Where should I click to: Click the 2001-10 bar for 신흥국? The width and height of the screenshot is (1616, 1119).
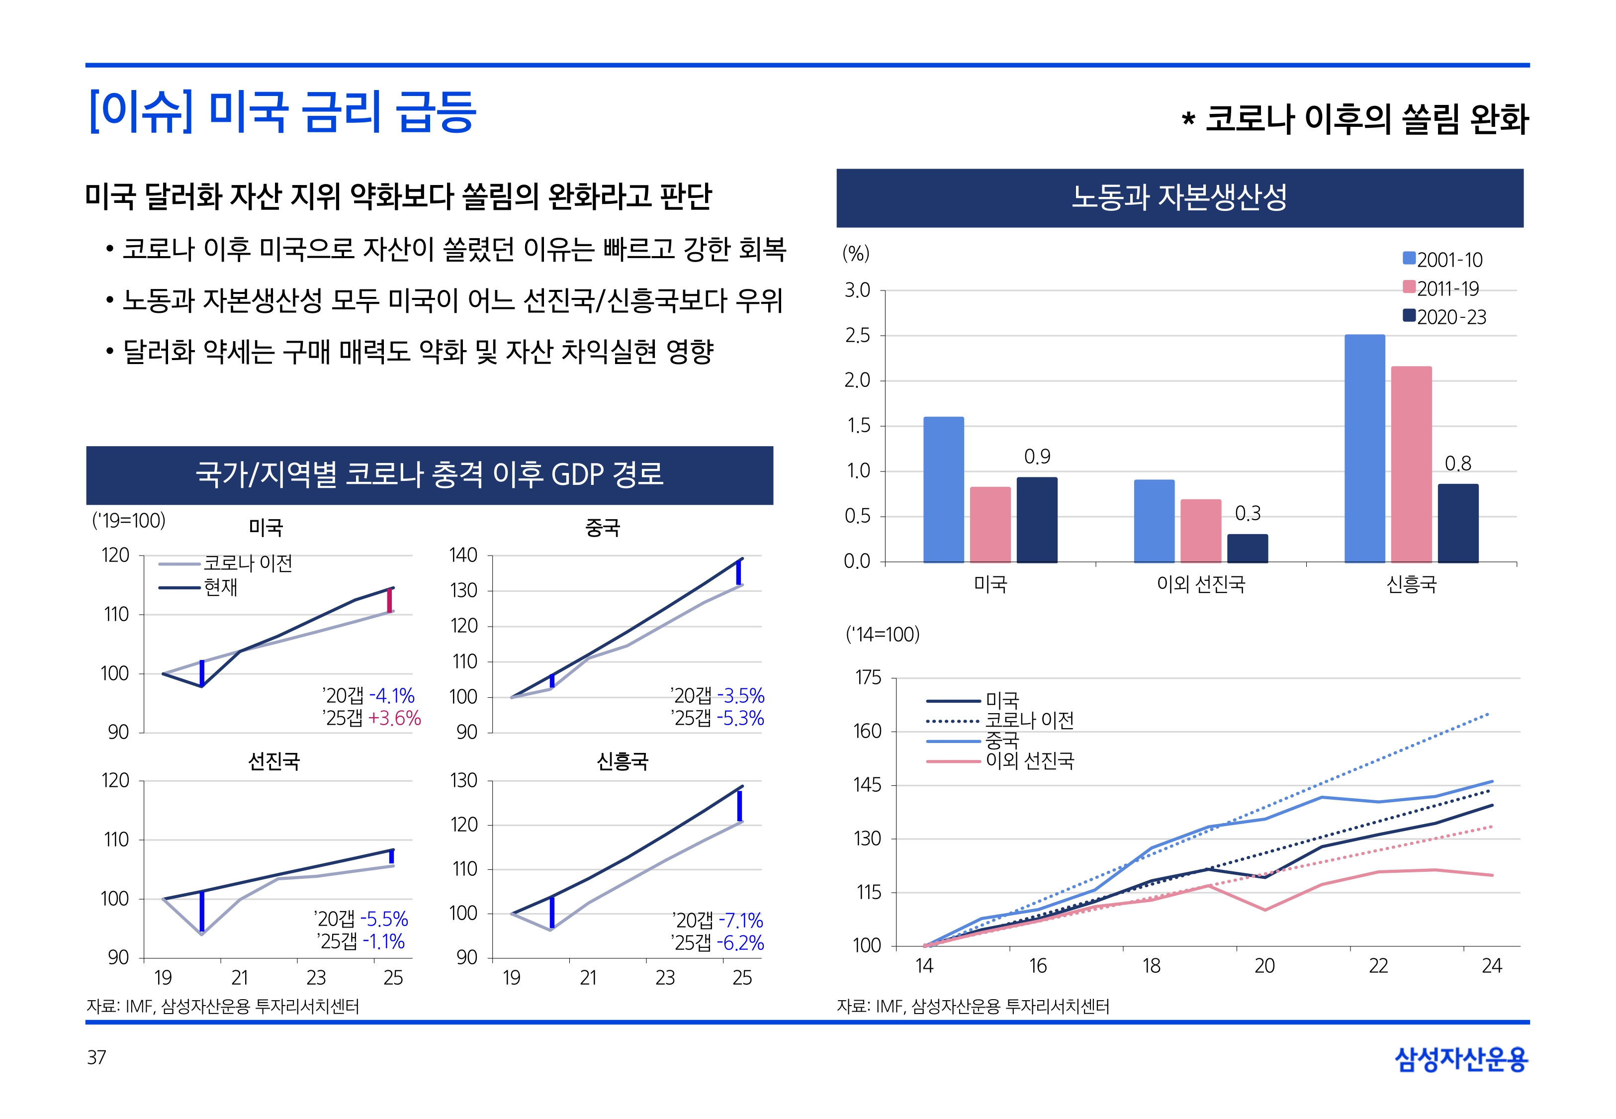[1364, 449]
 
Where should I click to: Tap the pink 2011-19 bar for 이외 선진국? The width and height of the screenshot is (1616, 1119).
[1200, 531]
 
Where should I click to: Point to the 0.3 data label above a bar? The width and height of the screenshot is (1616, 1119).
[1248, 514]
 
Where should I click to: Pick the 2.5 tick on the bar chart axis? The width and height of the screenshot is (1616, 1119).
[857, 336]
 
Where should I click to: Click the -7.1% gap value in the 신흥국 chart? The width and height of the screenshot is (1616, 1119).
[738, 921]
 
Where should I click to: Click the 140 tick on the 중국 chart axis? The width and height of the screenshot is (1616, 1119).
[463, 556]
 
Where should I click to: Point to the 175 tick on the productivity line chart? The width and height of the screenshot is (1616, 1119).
[868, 678]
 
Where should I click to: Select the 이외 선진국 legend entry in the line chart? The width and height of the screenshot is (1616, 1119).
[1029, 761]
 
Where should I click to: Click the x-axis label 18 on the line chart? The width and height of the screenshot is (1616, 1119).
[1152, 967]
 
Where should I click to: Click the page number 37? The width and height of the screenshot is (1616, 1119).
[96, 1057]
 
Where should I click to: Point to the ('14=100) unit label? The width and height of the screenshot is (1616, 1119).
[882, 635]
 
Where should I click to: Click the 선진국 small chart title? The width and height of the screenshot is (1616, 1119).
[274, 761]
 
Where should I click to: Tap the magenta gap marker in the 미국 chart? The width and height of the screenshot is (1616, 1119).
[390, 600]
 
